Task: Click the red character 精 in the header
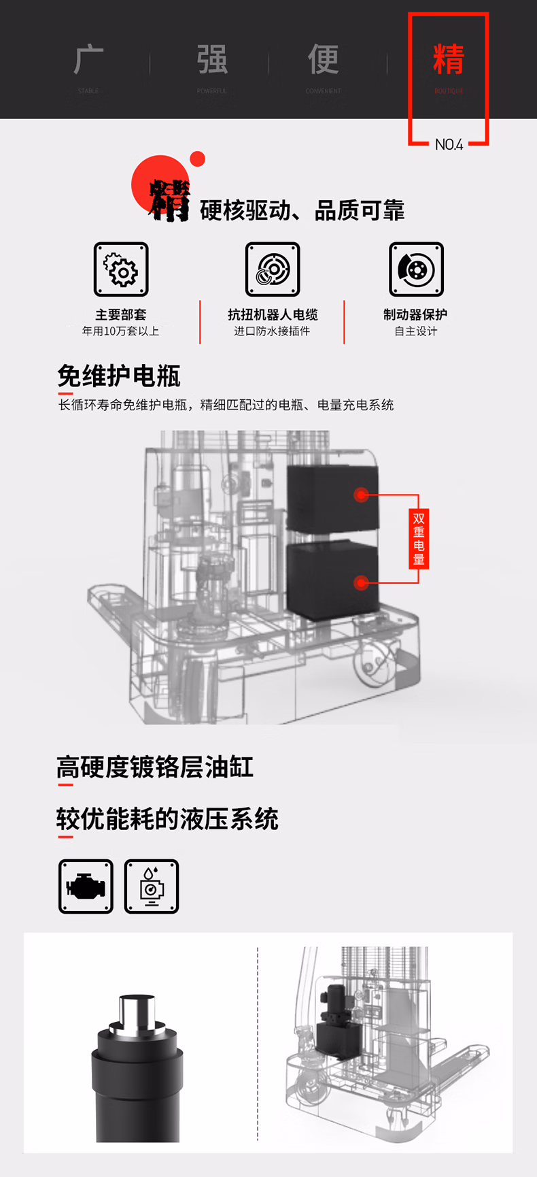(x=449, y=60)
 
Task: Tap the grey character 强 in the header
(x=212, y=60)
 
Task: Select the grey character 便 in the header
(x=324, y=60)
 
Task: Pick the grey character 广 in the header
(x=88, y=60)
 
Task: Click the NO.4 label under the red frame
(x=449, y=144)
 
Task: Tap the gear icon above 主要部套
(x=121, y=269)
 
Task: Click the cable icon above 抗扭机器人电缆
(x=273, y=269)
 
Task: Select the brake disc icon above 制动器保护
(x=416, y=269)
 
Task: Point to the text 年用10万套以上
(x=121, y=331)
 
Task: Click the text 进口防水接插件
(x=272, y=331)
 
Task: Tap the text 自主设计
(x=416, y=331)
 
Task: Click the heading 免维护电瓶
(x=119, y=376)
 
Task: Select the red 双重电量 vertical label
(x=419, y=539)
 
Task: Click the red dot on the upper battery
(x=362, y=495)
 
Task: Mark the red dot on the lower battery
(x=362, y=582)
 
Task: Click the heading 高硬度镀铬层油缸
(x=155, y=767)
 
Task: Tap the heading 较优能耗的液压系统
(x=167, y=818)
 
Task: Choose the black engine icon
(x=86, y=886)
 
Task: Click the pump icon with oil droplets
(x=152, y=886)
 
